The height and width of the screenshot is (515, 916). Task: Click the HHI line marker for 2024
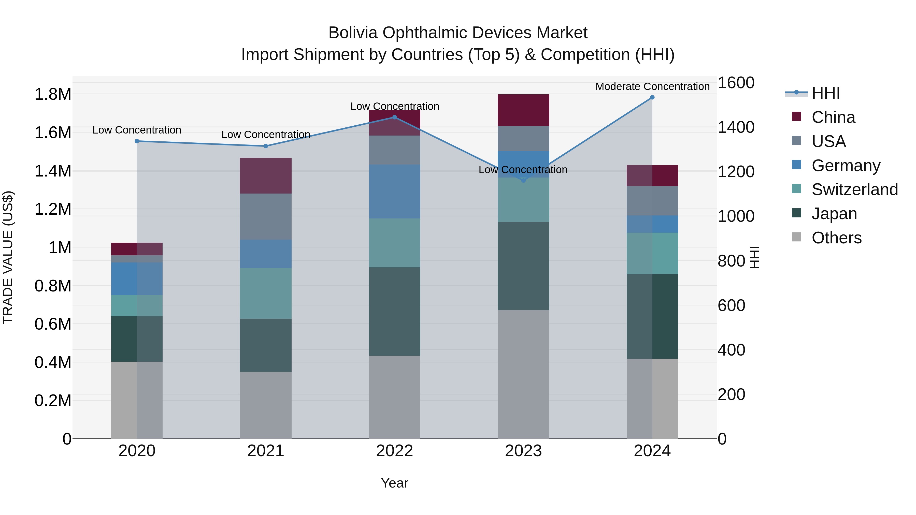click(x=652, y=97)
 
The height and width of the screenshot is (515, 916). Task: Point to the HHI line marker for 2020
click(x=137, y=141)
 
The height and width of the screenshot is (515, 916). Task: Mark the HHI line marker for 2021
click(x=266, y=146)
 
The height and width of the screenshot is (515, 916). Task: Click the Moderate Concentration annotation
click(x=652, y=86)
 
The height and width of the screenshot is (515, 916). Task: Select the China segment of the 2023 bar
click(x=523, y=110)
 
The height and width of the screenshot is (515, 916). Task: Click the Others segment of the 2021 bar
click(x=266, y=405)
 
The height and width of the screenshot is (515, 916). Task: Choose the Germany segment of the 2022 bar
click(x=394, y=191)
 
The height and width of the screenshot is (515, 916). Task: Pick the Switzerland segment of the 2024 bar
click(x=652, y=253)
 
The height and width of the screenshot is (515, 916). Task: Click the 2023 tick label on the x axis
click(x=523, y=451)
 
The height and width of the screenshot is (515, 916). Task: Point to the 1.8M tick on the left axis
click(x=53, y=95)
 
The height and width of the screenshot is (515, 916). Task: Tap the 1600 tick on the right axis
click(x=736, y=83)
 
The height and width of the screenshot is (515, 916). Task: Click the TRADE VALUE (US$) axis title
click(x=8, y=257)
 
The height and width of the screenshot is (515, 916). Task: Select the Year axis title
click(x=394, y=483)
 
